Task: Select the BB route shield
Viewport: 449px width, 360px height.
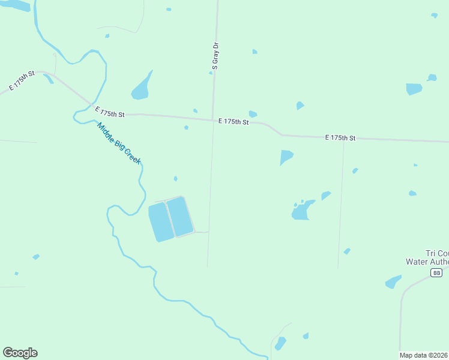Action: [436, 272]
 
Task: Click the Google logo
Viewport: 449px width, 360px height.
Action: [20, 353]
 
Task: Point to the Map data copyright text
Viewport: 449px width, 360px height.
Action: [424, 355]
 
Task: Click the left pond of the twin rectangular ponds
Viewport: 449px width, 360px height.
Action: [160, 222]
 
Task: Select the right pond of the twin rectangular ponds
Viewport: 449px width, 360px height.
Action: [179, 215]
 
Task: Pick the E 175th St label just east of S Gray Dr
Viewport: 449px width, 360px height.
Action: [234, 121]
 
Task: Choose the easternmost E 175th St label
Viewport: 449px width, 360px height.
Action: [340, 138]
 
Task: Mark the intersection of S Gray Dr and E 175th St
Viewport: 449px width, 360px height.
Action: [212, 120]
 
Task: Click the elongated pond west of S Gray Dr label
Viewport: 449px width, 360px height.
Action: [141, 88]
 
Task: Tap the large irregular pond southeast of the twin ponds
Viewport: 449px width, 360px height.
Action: [302, 211]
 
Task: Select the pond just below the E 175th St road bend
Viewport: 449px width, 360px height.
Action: [286, 157]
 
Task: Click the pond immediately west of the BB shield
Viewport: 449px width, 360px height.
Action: [393, 282]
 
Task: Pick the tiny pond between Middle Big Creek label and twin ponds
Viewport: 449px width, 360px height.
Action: [175, 178]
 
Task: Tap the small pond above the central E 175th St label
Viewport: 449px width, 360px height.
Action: [253, 114]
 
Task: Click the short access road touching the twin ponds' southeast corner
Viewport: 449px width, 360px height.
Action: [201, 232]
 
